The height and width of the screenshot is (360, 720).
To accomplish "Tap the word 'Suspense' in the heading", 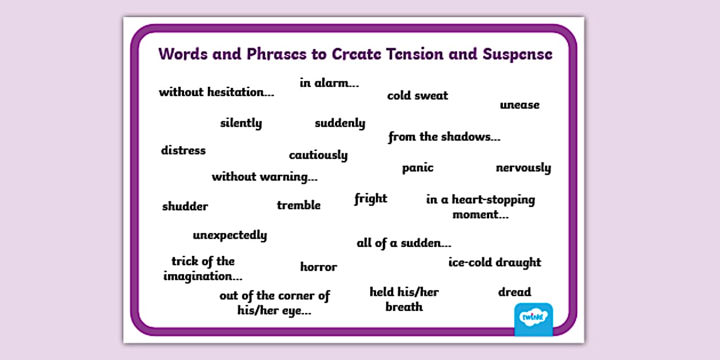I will (x=518, y=54).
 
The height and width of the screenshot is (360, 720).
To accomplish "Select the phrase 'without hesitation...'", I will (x=217, y=92).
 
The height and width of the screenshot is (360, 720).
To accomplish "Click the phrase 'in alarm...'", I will (x=329, y=83).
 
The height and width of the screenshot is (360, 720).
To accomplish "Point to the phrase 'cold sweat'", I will (x=418, y=95).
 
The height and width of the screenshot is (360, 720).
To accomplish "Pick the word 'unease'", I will (x=519, y=105).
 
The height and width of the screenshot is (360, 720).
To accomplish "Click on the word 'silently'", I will (x=241, y=123).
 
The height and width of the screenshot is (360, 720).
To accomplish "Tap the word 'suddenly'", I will (x=340, y=123).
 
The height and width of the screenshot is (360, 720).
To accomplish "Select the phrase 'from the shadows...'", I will (x=445, y=137).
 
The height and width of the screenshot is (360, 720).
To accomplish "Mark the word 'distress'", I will (x=183, y=151).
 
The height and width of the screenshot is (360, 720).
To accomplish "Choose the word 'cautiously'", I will (x=318, y=155).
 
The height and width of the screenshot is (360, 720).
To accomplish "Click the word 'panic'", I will (x=418, y=168).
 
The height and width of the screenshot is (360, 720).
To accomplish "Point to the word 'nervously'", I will (x=523, y=168).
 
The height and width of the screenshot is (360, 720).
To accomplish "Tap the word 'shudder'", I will (x=185, y=206).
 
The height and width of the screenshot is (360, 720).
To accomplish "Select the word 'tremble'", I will (x=299, y=205).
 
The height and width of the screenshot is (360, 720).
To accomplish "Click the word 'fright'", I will (x=371, y=199).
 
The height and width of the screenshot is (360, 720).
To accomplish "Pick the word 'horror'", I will (x=319, y=267).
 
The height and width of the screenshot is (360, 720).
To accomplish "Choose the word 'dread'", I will (x=515, y=292).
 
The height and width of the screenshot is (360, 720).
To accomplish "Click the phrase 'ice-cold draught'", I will (x=495, y=262).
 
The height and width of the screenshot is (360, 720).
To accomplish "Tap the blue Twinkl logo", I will (x=534, y=319).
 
